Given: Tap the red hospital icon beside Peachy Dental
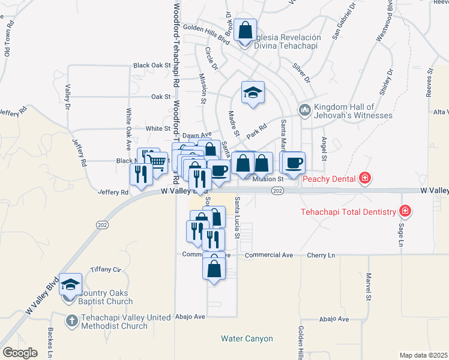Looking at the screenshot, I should [364, 178].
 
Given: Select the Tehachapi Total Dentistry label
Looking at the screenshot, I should [348, 212].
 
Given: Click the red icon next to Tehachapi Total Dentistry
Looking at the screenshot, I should [405, 211].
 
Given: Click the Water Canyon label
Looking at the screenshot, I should [247, 339].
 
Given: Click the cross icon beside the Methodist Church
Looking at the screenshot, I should [71, 320].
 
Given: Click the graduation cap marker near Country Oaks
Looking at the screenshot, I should [70, 284].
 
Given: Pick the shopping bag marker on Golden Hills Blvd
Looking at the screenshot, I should [246, 29].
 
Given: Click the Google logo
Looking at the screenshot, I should [20, 353].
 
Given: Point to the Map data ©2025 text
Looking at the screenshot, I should [423, 355].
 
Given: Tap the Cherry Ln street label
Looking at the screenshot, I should [321, 255].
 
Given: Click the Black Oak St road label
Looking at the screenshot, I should [152, 65].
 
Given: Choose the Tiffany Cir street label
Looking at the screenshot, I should [106, 269].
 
